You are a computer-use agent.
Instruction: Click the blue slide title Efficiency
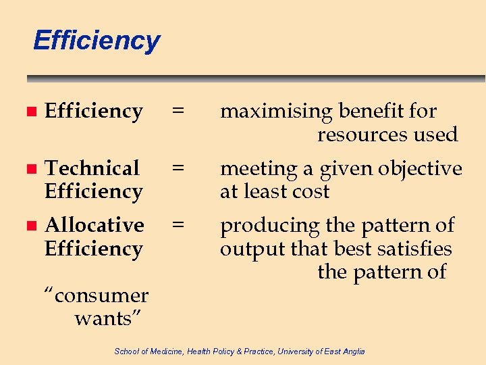96,41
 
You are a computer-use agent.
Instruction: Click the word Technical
92,168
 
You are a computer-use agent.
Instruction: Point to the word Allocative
94,224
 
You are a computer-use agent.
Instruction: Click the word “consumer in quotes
96,295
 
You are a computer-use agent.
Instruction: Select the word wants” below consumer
112,318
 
